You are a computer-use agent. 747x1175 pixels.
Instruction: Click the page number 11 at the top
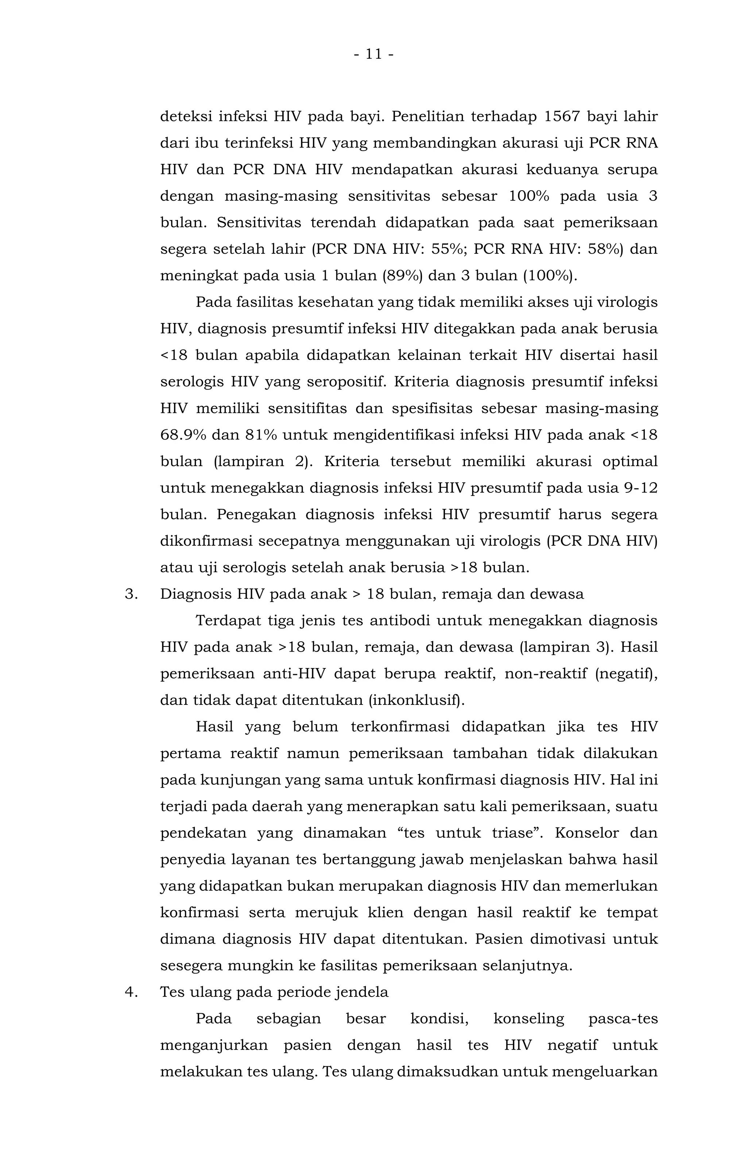[x=373, y=54]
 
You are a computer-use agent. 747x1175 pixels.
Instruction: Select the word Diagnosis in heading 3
[x=196, y=594]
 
